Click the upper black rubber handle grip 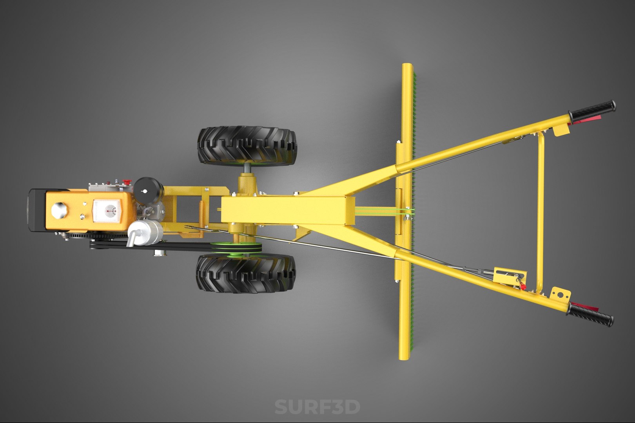593,110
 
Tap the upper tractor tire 247,145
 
